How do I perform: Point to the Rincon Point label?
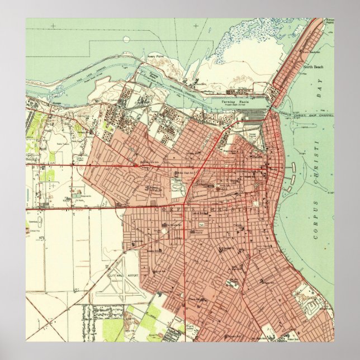click(329, 22)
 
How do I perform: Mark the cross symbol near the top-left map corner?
click(54, 26)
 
